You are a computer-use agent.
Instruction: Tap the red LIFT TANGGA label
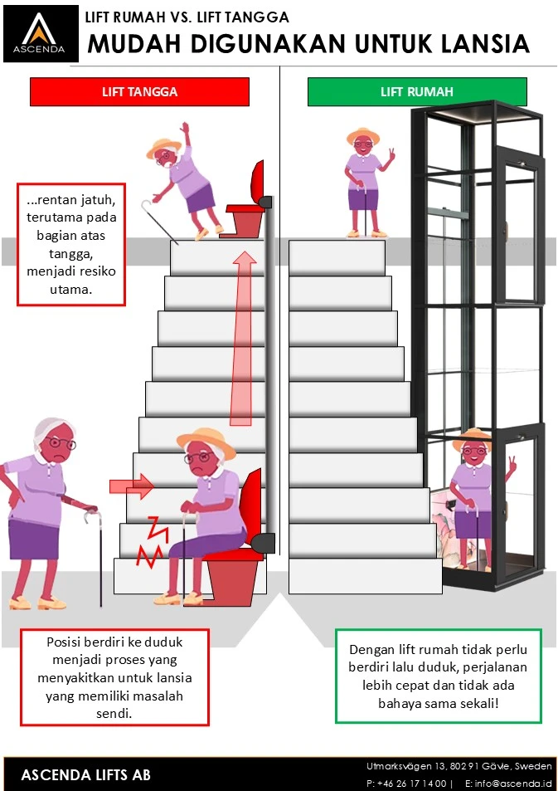click(x=139, y=91)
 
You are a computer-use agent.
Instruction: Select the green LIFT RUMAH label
click(x=416, y=91)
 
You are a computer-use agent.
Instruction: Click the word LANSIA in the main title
click(x=485, y=44)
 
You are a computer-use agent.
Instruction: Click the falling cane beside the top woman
click(x=150, y=207)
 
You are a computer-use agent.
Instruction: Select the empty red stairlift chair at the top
click(x=252, y=203)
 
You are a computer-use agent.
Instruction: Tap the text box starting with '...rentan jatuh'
click(x=70, y=244)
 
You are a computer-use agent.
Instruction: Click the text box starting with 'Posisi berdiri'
click(x=114, y=677)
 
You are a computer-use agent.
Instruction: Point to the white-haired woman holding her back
click(x=46, y=515)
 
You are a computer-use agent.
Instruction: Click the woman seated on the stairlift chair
click(x=207, y=515)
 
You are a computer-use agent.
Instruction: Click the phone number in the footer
click(x=406, y=783)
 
